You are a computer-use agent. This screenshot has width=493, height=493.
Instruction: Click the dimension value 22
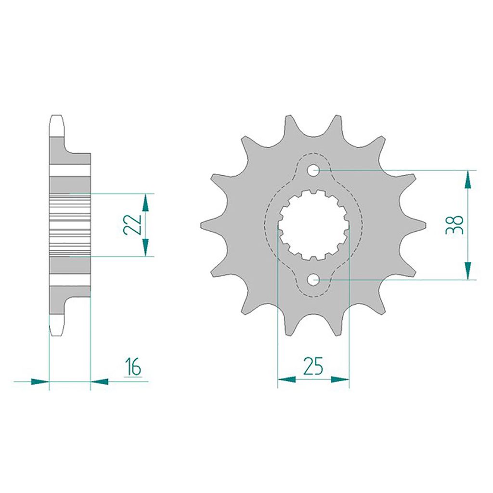tap(131, 224)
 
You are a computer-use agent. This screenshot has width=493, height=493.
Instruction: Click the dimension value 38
tap(454, 224)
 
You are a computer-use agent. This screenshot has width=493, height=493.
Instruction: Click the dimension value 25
tap(313, 367)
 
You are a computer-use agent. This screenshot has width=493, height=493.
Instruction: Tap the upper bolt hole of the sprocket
tap(313, 169)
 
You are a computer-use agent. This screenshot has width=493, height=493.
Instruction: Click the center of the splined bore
tap(313, 224)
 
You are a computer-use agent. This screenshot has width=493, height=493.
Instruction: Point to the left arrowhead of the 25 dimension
tap(287, 379)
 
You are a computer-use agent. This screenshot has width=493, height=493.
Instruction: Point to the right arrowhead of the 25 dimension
tap(340, 379)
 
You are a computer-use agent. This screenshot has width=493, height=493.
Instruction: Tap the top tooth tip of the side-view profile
tap(56, 117)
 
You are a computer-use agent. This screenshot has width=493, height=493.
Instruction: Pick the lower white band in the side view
tap(70, 280)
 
